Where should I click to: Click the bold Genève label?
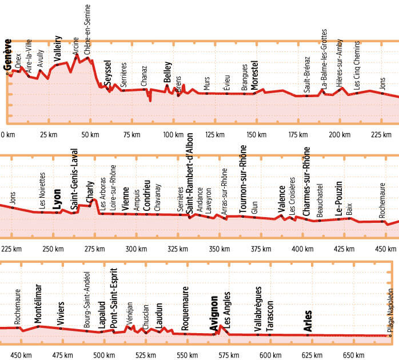pos(8,55)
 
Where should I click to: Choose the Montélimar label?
pos(38,306)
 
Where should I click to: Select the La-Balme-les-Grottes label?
pos(324,59)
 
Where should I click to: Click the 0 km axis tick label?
pos(8,135)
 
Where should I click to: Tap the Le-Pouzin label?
pos(339,197)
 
